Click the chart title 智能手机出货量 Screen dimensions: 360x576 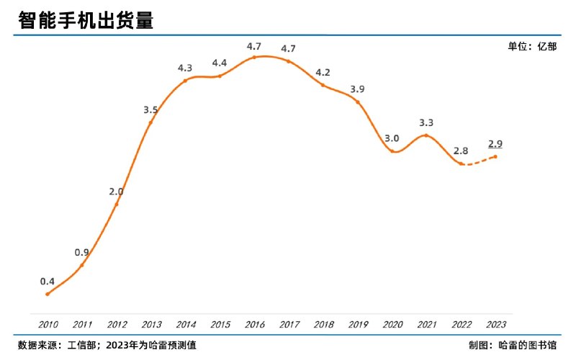86,21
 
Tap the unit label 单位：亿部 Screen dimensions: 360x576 532,46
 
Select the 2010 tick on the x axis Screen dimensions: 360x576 48,324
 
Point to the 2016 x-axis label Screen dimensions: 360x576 254,324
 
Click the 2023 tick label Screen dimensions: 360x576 495,324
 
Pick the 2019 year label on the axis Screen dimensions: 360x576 358,324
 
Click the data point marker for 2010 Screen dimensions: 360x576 48,294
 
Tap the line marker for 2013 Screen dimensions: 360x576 150,122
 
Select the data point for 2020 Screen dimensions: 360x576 392,151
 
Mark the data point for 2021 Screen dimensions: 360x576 427,135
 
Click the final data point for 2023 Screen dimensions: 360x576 495,156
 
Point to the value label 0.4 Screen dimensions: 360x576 48,281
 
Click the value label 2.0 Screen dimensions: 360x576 116,192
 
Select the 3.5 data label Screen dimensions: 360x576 150,109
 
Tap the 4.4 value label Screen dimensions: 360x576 220,63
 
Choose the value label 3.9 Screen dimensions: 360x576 357,89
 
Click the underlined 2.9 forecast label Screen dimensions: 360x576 495,143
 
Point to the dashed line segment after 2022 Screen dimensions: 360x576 478,163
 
